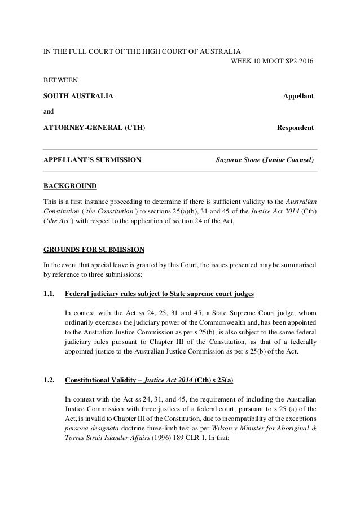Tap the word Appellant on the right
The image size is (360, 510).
298,96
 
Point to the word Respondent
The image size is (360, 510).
295,128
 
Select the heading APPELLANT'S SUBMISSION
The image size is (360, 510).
93,160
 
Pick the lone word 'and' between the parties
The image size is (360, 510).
50,112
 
